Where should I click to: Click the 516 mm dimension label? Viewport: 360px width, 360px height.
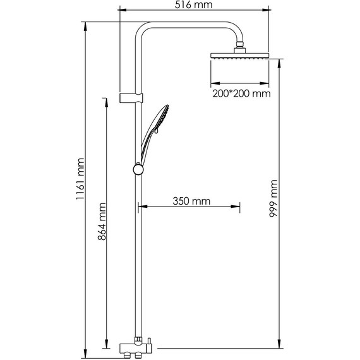click(193, 5)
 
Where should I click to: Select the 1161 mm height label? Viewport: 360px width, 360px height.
click(81, 179)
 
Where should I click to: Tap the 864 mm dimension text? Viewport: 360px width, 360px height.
click(102, 221)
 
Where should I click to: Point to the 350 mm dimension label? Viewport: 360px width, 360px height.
click(191, 201)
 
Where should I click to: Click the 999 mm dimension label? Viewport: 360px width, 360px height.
click(273, 198)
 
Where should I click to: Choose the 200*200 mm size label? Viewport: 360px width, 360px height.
click(241, 93)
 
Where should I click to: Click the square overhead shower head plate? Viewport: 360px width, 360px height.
click(239, 56)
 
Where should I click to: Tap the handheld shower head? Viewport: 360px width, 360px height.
click(155, 135)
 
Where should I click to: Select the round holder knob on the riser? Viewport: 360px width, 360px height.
click(138, 169)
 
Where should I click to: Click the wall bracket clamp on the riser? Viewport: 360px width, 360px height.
click(131, 98)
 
